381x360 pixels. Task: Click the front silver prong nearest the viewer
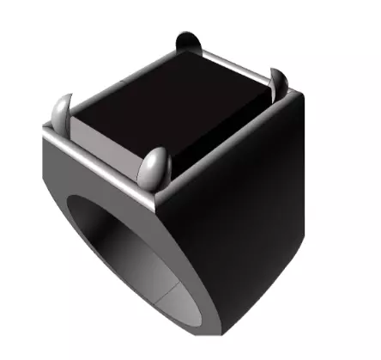pos(154,167)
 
